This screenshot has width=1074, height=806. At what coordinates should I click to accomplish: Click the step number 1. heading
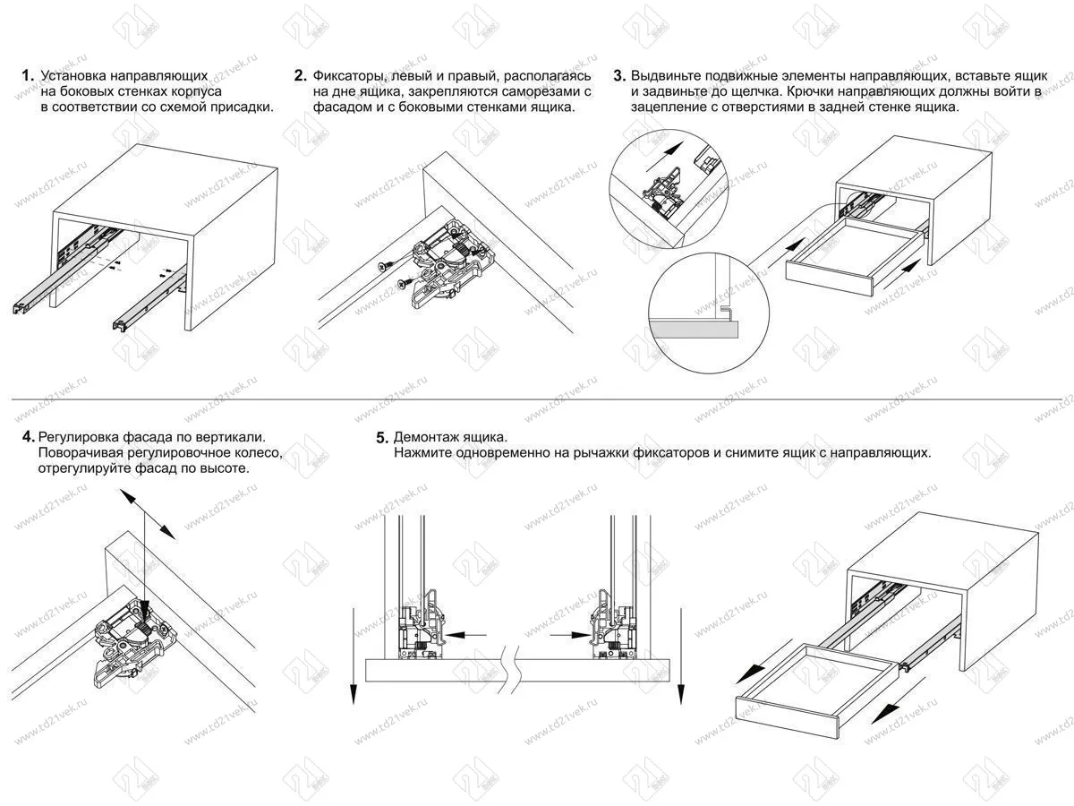pos(27,76)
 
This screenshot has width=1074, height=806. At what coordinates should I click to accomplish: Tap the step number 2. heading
pos(301,76)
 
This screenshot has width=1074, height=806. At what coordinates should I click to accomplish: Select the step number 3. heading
pos(618,76)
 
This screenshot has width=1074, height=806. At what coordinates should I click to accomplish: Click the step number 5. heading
pos(382,438)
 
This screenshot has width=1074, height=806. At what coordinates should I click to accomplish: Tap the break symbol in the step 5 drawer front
pos(511,670)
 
